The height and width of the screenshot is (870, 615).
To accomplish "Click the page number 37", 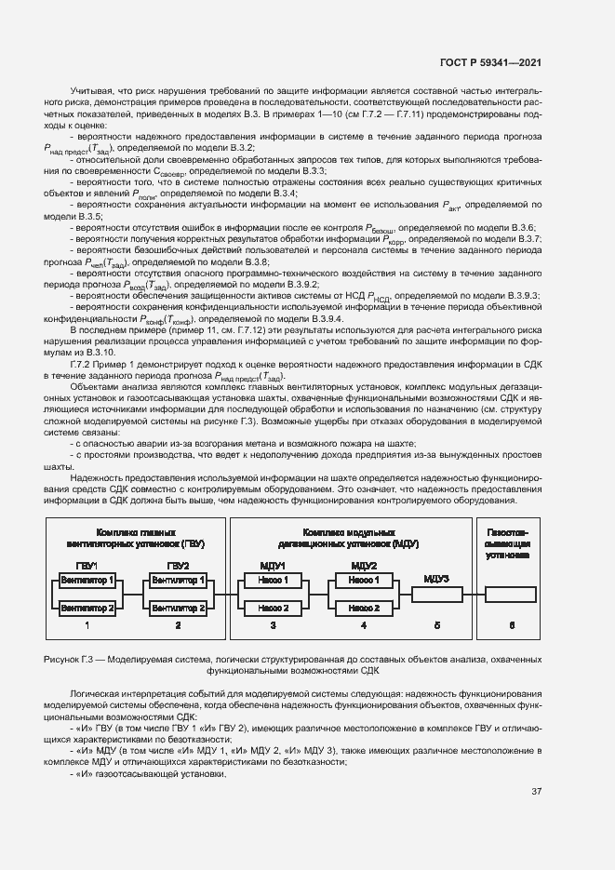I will [536, 792].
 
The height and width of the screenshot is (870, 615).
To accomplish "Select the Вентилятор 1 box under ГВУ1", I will [87, 580].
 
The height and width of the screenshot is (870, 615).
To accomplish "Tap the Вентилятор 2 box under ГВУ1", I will [87, 608].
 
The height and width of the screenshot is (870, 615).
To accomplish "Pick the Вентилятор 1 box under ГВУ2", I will [178, 580].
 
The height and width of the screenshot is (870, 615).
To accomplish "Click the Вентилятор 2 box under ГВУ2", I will [178, 608].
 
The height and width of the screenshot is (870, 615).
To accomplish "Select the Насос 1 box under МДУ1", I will [273, 580].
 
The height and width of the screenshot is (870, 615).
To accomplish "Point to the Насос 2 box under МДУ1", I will [273, 608].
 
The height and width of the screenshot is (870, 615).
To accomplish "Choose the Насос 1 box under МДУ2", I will [364, 580].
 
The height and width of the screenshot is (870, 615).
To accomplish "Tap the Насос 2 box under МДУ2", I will [364, 608].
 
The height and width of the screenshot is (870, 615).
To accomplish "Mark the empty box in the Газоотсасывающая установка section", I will [510, 594].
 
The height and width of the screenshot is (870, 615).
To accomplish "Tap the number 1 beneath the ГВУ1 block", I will [87, 625].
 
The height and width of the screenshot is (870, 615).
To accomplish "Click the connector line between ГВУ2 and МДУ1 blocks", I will [223, 594].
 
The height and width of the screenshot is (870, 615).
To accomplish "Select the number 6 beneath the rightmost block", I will [510, 625].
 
